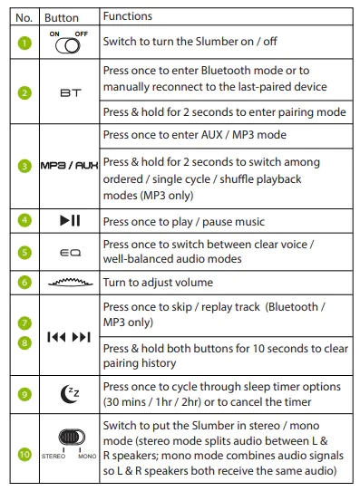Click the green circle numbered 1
pyautogui.click(x=24, y=43)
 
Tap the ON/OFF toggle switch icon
pyautogui.click(x=68, y=46)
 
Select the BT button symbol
pyautogui.click(x=71, y=93)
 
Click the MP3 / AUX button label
pyautogui.click(x=69, y=166)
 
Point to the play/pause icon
pyautogui.click(x=70, y=220)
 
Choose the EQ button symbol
pyautogui.click(x=70, y=253)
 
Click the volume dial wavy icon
pyautogui.click(x=70, y=282)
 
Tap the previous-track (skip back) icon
pyautogui.click(x=56, y=337)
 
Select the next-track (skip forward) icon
pyautogui.click(x=81, y=337)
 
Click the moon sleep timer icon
pyautogui.click(x=70, y=394)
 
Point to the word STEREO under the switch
pyautogui.click(x=54, y=457)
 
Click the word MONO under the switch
pyautogui.click(x=87, y=457)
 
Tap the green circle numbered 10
pyautogui.click(x=24, y=455)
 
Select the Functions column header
pyautogui.click(x=128, y=16)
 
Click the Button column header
pyautogui.click(x=62, y=18)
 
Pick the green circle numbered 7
pyautogui.click(x=24, y=323)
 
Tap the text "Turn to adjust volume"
pyautogui.click(x=158, y=283)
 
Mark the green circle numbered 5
pyautogui.click(x=24, y=253)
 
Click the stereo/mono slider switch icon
pyautogui.click(x=72, y=438)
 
